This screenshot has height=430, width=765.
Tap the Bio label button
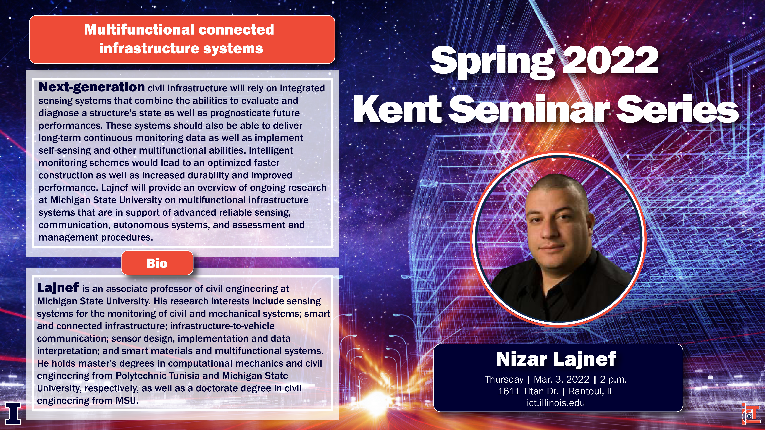157,263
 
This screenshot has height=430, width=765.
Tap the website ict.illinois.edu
556,403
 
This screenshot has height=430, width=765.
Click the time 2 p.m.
613,379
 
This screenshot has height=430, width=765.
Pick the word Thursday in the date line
504,379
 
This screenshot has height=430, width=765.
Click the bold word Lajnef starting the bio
58,287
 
